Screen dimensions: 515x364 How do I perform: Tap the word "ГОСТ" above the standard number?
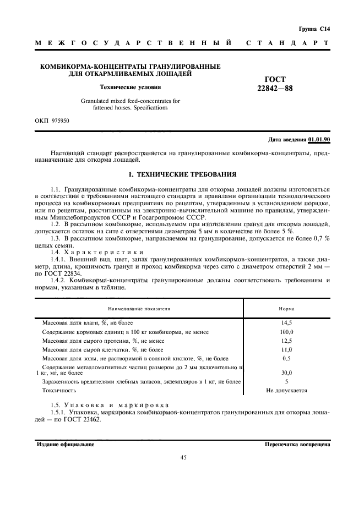275,80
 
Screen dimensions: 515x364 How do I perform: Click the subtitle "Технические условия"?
130,86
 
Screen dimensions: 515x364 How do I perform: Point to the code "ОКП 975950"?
53,119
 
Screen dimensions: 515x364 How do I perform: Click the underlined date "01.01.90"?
319,140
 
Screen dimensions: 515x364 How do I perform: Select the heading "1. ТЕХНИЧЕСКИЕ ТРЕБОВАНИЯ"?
182,174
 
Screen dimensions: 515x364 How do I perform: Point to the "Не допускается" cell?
286,391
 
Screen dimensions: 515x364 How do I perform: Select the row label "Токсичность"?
59,391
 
